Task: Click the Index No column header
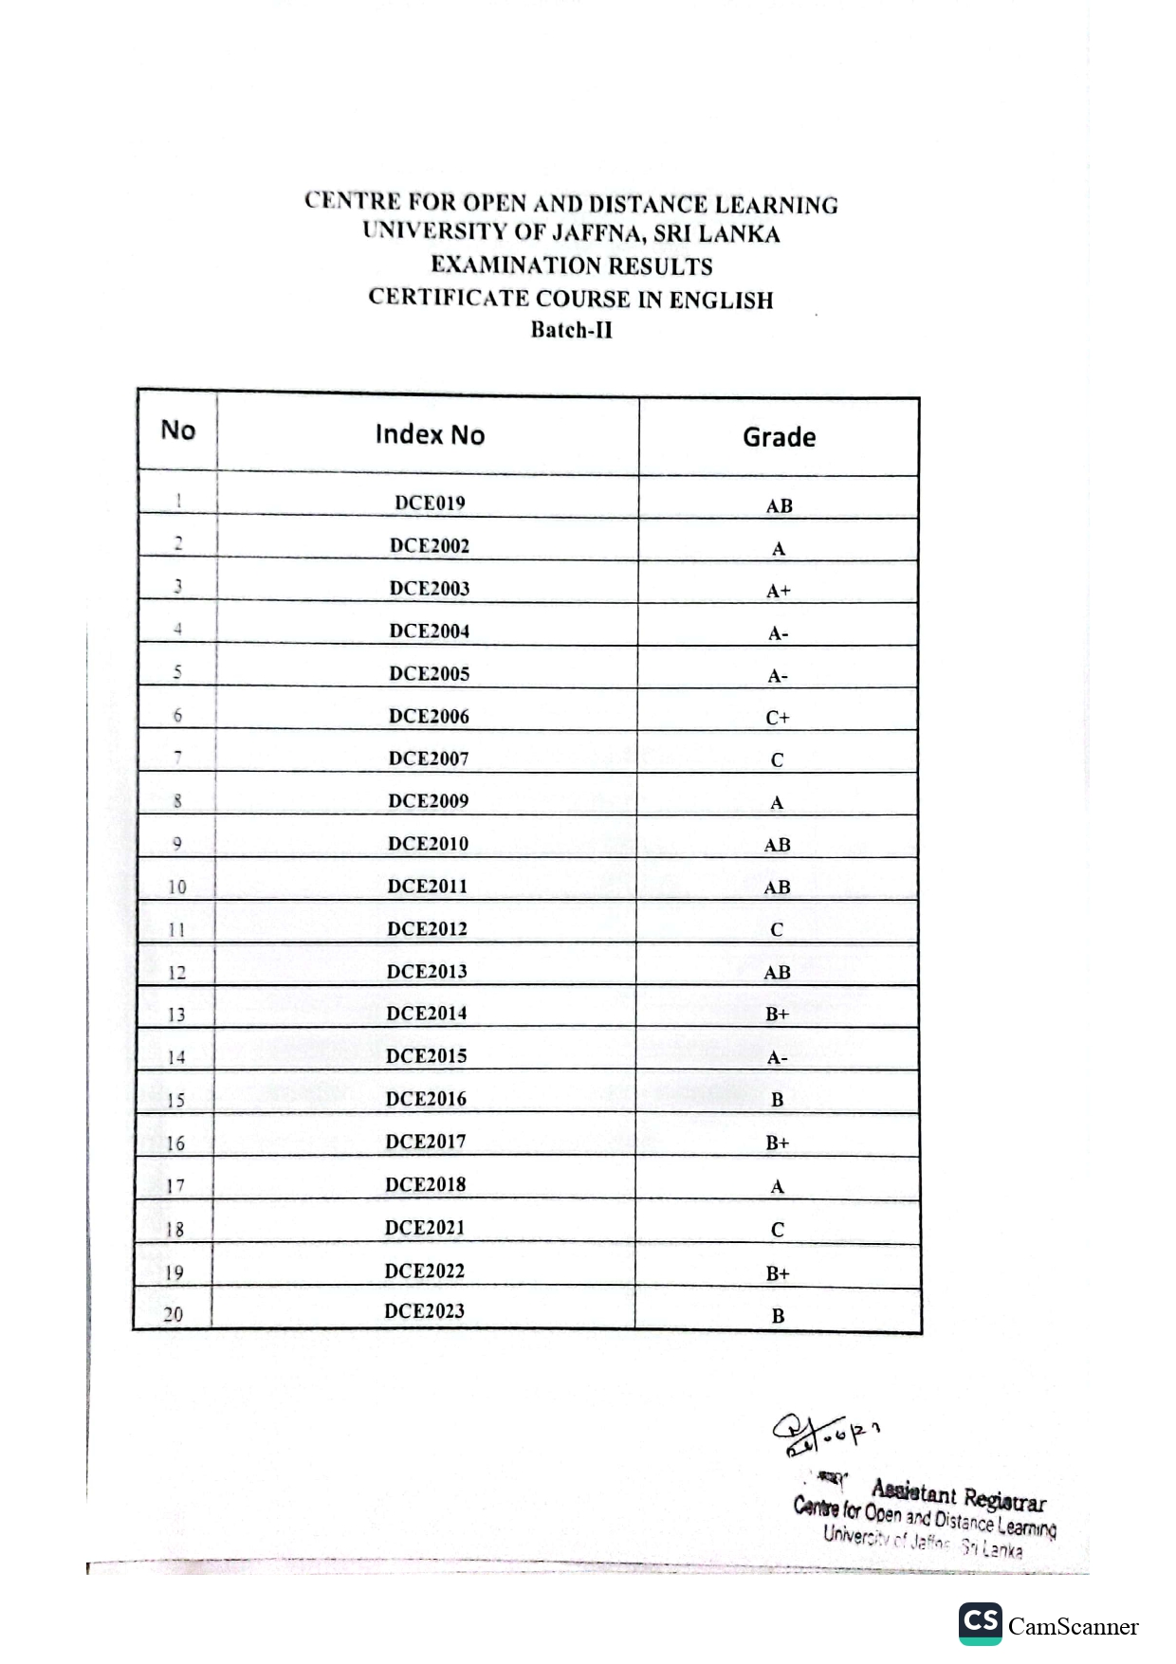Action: (x=430, y=434)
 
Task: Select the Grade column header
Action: (x=779, y=437)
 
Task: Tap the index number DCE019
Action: (x=430, y=503)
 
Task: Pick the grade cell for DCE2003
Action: (x=778, y=591)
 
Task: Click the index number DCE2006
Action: (x=429, y=717)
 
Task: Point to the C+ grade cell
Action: (x=778, y=718)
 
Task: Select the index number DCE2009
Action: (x=429, y=801)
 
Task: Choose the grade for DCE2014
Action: (x=777, y=1015)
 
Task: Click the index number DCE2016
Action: (x=426, y=1099)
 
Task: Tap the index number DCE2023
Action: (x=424, y=1311)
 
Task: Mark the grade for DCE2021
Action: (x=777, y=1230)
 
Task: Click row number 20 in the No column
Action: (x=173, y=1314)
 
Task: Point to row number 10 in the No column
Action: (x=176, y=887)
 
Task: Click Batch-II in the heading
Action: (x=571, y=330)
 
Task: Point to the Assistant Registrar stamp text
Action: (x=958, y=1496)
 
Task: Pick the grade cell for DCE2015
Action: (x=777, y=1058)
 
